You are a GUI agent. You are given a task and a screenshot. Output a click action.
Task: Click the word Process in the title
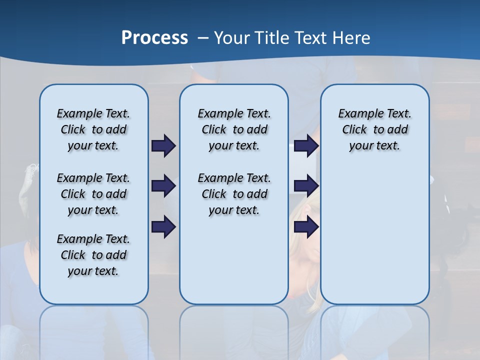click(154, 37)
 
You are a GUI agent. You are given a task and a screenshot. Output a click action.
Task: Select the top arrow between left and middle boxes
click(163, 145)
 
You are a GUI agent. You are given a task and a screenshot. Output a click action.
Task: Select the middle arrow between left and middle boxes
click(163, 186)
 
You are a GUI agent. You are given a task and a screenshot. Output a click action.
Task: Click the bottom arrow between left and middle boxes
click(163, 227)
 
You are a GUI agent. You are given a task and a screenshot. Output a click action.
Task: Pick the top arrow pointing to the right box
click(306, 145)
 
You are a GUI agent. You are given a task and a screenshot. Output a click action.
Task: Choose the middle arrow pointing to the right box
click(306, 186)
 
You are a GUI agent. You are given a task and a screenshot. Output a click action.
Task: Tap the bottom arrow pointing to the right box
click(306, 227)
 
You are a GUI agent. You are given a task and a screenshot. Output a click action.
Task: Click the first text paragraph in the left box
click(93, 129)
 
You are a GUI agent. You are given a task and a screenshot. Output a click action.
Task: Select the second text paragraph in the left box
click(93, 194)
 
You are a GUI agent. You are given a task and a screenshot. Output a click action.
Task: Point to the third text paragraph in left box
click(93, 255)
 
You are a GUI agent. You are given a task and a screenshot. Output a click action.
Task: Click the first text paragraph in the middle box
click(234, 129)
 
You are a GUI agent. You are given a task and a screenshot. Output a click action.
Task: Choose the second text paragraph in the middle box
click(234, 194)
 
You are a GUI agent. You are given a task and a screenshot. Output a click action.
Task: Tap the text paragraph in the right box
click(375, 129)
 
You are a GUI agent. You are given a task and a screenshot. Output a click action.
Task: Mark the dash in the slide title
click(203, 38)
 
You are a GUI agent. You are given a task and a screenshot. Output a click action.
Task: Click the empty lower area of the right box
click(375, 240)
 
